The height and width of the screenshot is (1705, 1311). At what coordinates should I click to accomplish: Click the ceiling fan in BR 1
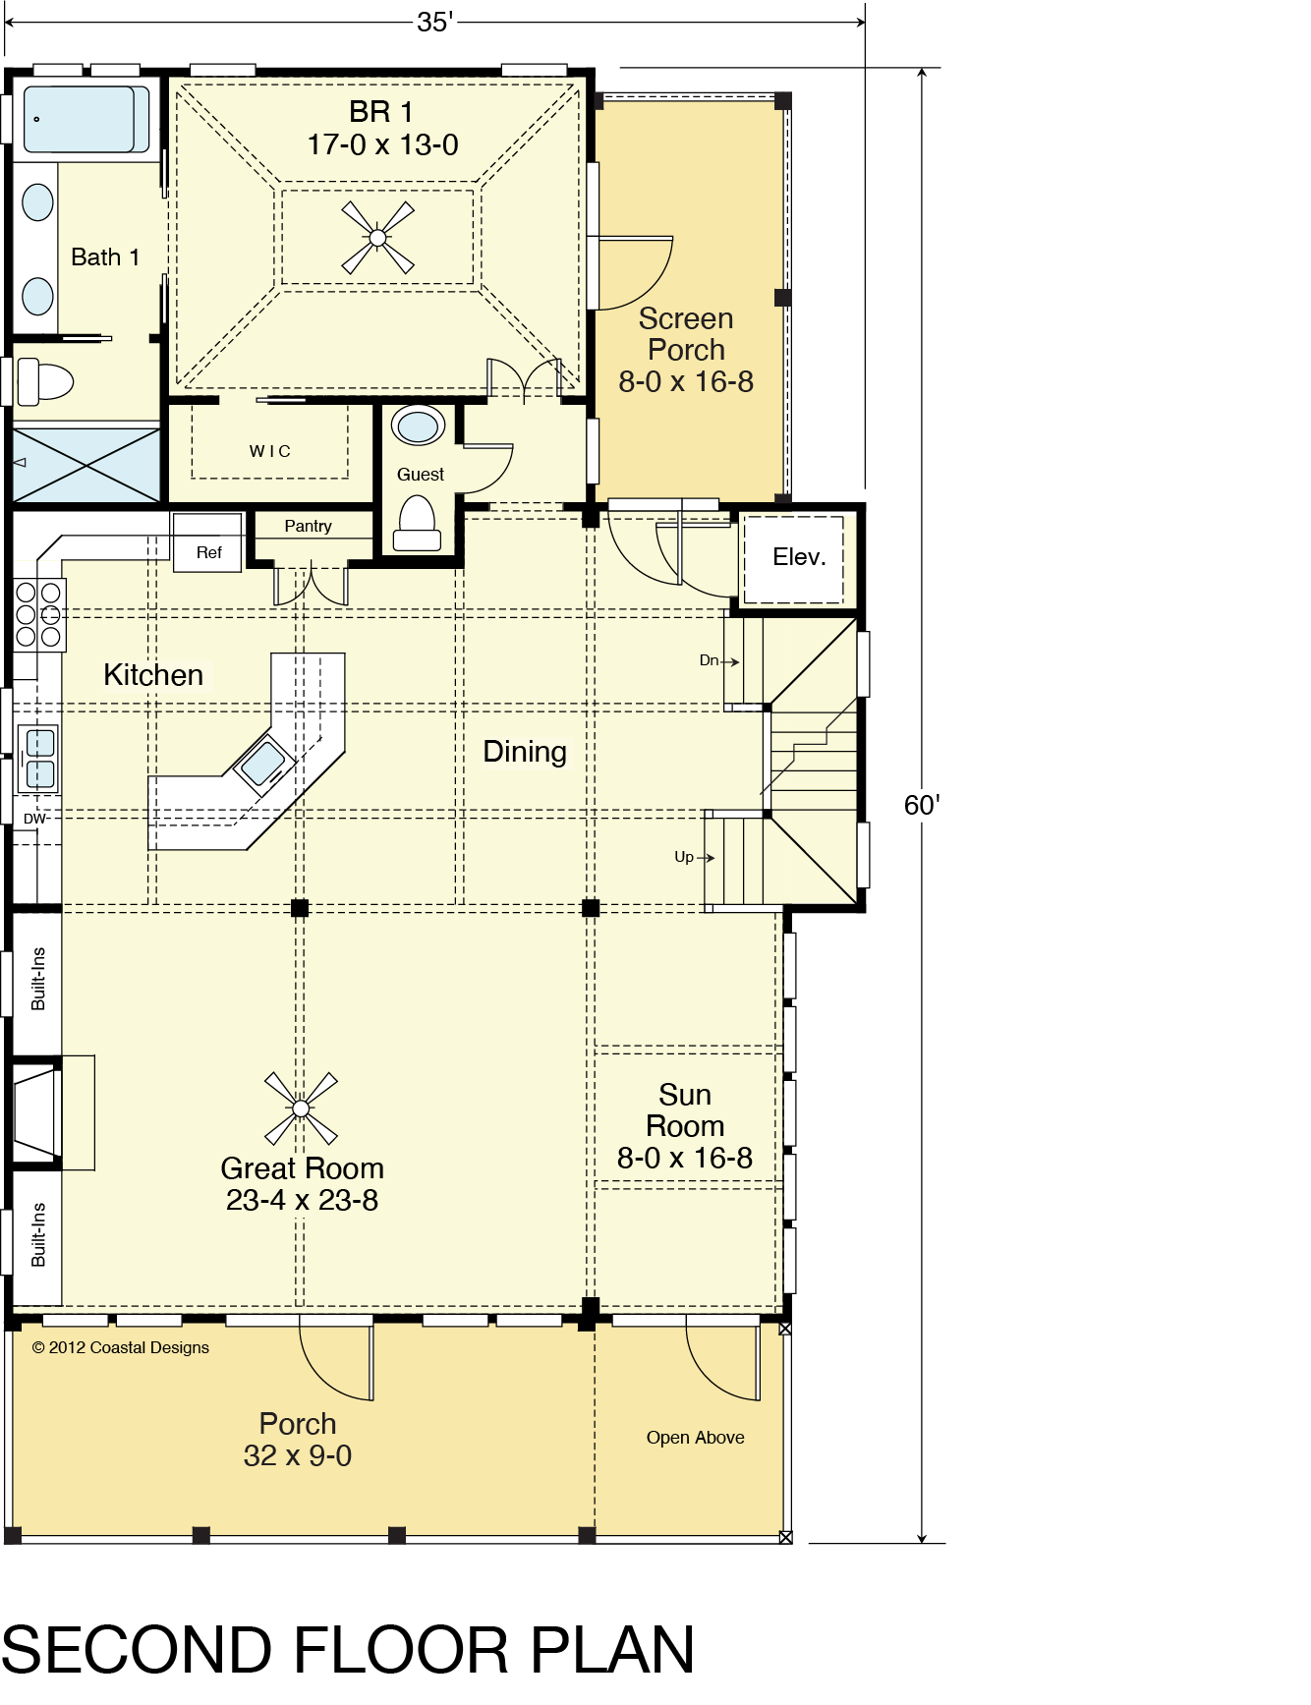point(378,238)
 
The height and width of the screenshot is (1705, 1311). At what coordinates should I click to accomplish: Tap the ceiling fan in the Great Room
point(301,1108)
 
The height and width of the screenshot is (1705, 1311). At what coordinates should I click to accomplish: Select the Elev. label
point(799,557)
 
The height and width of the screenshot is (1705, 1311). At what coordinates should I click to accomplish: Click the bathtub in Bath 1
point(86,119)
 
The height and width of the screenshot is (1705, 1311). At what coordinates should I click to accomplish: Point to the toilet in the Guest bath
point(417,523)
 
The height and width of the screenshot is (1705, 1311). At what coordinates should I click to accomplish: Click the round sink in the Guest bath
point(419,426)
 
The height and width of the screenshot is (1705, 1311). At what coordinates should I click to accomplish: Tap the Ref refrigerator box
point(207,542)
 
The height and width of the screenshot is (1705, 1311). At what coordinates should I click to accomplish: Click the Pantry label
point(308,526)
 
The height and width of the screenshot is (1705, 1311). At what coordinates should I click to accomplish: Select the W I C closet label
point(269,451)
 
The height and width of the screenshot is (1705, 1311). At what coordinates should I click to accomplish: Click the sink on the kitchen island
point(262,763)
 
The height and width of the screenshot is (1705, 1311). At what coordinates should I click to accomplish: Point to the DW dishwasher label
point(34,819)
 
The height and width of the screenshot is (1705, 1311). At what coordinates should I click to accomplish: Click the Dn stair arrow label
point(718,660)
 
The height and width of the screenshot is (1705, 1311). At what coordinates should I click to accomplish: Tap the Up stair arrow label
point(694,857)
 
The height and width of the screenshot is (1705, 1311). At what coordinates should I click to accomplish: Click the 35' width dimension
point(434,22)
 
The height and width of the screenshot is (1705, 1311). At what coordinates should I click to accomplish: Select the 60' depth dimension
point(922,805)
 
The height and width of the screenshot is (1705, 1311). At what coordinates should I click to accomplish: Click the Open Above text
point(695,1438)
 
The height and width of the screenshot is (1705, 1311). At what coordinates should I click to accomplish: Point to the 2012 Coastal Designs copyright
point(121,1347)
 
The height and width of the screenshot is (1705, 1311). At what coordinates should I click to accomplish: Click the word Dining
point(525,752)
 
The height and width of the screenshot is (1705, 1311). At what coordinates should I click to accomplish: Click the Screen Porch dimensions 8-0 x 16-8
point(686,381)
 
